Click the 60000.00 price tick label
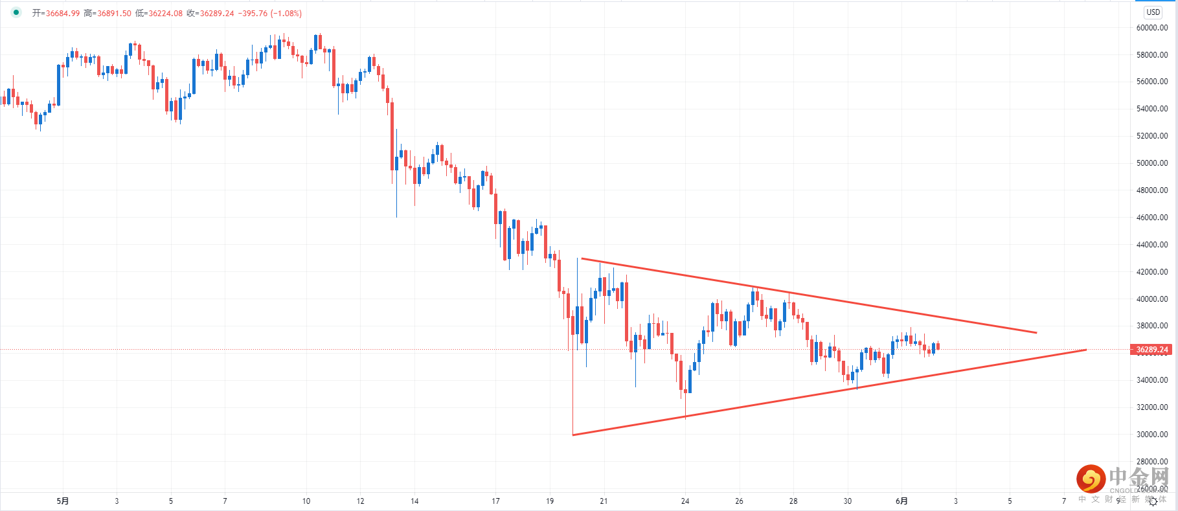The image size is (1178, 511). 1151,28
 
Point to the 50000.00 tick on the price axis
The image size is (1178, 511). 1151,163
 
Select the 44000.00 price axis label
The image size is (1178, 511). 1151,245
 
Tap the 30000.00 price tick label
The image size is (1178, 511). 1151,435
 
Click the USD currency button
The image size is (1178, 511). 1153,12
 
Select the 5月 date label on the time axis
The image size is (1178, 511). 63,501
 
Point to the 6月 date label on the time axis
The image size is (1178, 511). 901,501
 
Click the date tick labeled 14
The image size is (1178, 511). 414,501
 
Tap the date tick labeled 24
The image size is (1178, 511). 685,501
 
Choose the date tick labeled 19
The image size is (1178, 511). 550,501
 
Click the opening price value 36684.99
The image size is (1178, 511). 62,14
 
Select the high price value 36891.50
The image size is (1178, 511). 114,14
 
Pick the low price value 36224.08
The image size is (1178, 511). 165,14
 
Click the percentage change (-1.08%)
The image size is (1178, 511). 286,14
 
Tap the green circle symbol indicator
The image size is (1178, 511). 16,12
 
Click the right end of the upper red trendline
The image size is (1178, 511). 1036,333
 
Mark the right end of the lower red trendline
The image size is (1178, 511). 1085,350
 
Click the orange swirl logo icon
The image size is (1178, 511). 1091,479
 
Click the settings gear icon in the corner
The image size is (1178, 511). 1153,502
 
